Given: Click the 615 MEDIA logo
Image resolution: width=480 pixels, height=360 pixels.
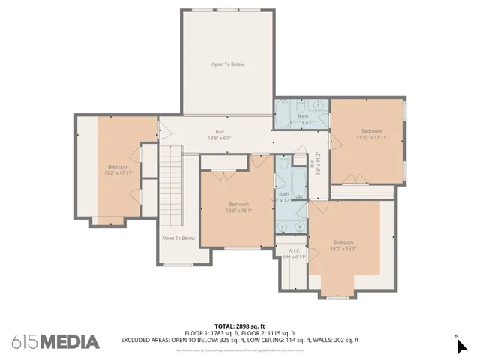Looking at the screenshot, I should click(55, 341).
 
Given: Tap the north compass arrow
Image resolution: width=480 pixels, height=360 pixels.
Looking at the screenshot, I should click(462, 345).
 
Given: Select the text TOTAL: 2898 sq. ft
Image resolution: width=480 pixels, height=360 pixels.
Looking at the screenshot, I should click(240, 326).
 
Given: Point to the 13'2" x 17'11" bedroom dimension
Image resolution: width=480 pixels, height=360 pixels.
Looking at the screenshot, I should click(118, 173).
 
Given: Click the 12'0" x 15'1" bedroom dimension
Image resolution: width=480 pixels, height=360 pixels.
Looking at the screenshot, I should click(238, 211).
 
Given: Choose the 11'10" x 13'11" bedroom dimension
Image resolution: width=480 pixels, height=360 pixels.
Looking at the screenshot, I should click(372, 137).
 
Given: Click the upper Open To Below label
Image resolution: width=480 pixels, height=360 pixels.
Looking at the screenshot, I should click(227, 64).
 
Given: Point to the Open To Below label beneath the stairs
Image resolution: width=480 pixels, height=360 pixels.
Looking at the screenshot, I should click(178, 238).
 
